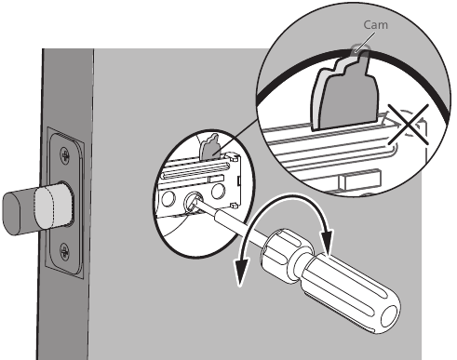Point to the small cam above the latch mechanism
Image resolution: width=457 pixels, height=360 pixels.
click(x=210, y=144)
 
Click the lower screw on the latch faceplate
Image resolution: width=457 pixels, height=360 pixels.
click(x=62, y=248)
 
